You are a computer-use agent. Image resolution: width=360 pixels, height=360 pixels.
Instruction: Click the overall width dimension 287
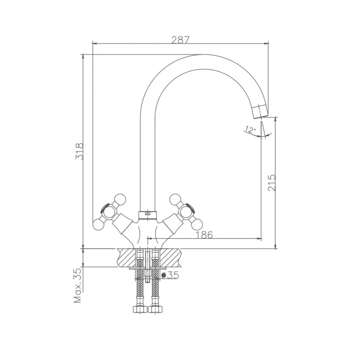180,40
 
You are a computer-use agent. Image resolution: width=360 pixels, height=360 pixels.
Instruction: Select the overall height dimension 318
80,151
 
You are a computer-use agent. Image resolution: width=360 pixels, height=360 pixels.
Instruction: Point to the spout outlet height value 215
272,182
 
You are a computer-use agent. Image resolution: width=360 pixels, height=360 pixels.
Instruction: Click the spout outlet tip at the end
260,113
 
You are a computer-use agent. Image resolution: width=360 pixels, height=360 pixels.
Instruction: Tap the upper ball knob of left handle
120,199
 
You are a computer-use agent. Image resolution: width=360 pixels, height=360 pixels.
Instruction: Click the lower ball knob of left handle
98,225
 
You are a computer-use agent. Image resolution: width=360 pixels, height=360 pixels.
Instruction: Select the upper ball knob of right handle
175,199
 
